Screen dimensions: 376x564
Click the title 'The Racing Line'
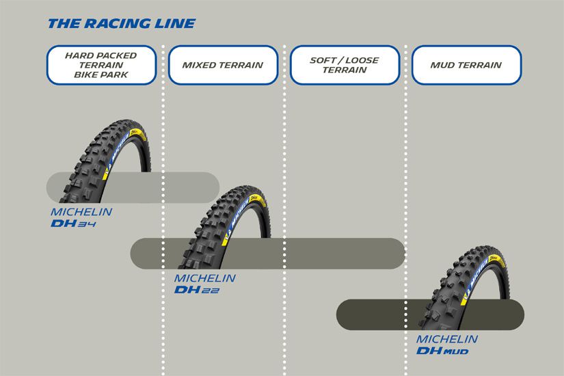point(121,24)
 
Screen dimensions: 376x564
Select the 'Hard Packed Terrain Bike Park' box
point(101,65)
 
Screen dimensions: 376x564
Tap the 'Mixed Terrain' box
point(222,66)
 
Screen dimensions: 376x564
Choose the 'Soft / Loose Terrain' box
point(344,65)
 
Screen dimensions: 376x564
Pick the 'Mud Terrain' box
point(466,66)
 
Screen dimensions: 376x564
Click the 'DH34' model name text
point(75,224)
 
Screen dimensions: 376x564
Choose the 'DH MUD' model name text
point(442,351)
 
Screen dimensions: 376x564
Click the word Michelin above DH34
point(81,212)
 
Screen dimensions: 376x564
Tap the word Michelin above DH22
point(204,278)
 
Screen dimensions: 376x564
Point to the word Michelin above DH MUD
point(447,339)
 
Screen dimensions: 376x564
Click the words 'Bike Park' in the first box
point(101,75)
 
